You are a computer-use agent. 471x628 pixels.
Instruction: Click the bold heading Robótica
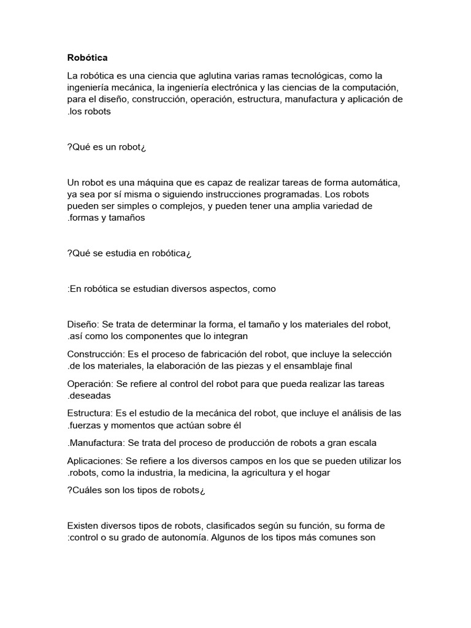86,58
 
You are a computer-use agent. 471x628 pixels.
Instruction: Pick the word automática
377,183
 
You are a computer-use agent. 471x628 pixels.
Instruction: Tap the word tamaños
128,218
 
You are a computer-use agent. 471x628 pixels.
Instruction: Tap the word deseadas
91,396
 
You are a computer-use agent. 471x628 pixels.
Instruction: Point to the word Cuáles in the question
86,490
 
